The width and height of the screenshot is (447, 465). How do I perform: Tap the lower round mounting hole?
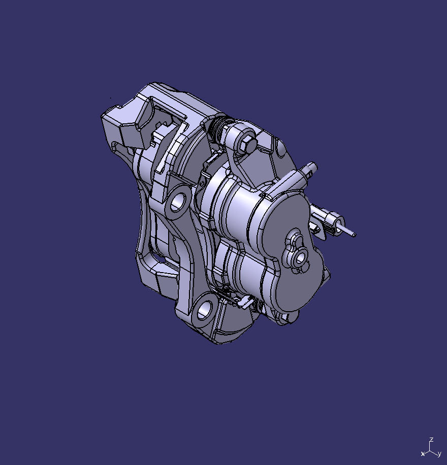[x=204, y=310]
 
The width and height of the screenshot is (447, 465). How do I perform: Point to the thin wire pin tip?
[x=354, y=234]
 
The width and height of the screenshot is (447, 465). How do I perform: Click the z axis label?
[x=431, y=440]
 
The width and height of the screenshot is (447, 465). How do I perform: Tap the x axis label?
[x=423, y=453]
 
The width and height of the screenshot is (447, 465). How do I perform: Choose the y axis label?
[x=439, y=453]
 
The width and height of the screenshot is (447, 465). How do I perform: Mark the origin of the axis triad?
[x=430, y=449]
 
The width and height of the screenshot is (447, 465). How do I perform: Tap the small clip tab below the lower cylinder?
[x=244, y=303]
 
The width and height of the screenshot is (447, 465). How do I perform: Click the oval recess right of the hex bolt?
[x=280, y=148]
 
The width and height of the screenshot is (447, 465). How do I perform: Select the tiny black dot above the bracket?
[x=111, y=98]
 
